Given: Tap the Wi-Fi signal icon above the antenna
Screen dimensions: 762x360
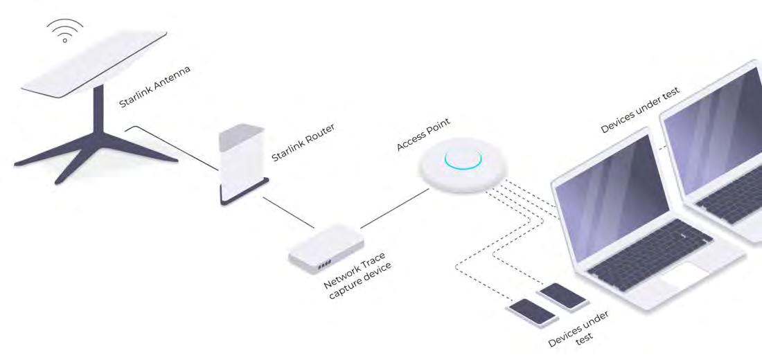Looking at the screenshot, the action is [64, 30].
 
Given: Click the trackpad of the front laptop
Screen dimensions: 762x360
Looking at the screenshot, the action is [682, 278].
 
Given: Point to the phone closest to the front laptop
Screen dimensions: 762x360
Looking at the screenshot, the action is [562, 296].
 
